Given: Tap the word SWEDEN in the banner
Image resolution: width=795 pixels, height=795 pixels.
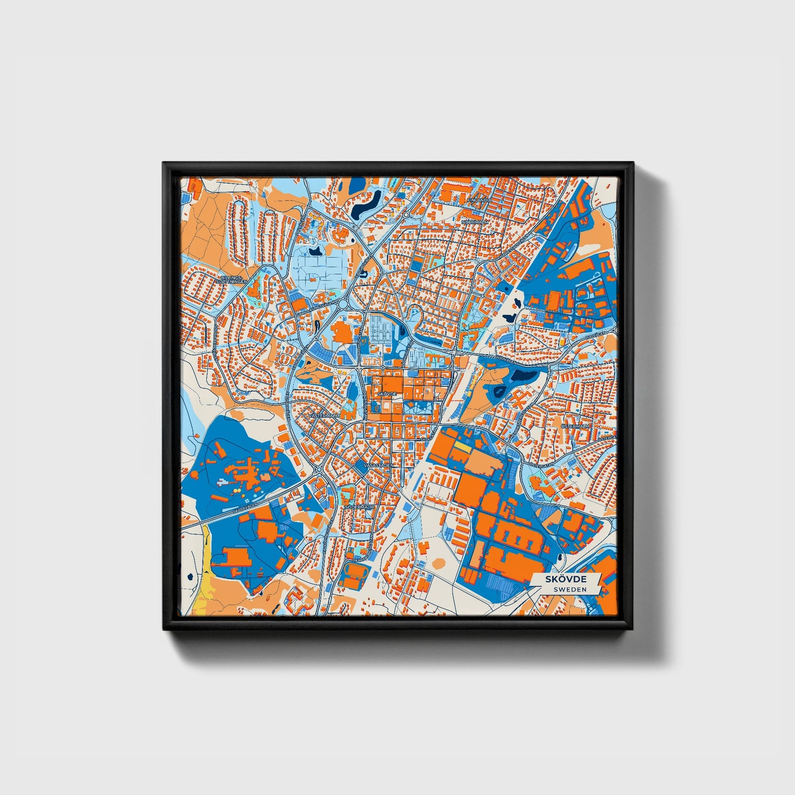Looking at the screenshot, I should [x=569, y=589].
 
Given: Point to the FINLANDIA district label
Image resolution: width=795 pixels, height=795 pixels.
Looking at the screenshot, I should [x=480, y=200].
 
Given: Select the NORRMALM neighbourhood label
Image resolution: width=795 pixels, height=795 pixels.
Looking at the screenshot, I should [x=475, y=222].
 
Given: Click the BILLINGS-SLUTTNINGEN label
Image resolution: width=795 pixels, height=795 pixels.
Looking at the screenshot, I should [x=231, y=279].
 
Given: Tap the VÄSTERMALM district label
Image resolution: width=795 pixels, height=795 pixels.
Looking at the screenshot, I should [x=325, y=416].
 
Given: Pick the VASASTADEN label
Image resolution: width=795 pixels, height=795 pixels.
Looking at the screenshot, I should [x=379, y=465].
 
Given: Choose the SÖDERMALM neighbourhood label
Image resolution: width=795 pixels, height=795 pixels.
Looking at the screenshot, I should [x=359, y=507].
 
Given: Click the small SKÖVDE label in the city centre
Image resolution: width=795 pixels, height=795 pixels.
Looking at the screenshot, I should [x=387, y=394].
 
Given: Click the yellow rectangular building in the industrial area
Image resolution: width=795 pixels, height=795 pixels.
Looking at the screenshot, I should [x=463, y=448].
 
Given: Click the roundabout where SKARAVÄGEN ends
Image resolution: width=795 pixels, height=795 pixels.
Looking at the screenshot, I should [x=319, y=469].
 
